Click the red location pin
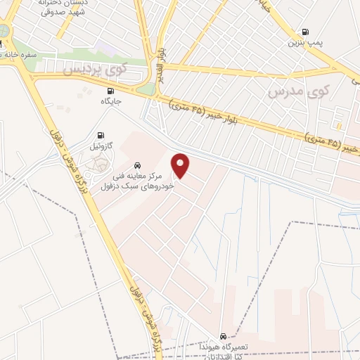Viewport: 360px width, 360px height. click(x=181, y=166)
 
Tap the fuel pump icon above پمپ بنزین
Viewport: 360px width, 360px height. click(x=305, y=32)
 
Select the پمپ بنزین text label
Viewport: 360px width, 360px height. click(x=305, y=43)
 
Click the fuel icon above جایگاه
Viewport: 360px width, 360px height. click(x=110, y=91)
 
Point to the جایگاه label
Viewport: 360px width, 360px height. click(x=111, y=101)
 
